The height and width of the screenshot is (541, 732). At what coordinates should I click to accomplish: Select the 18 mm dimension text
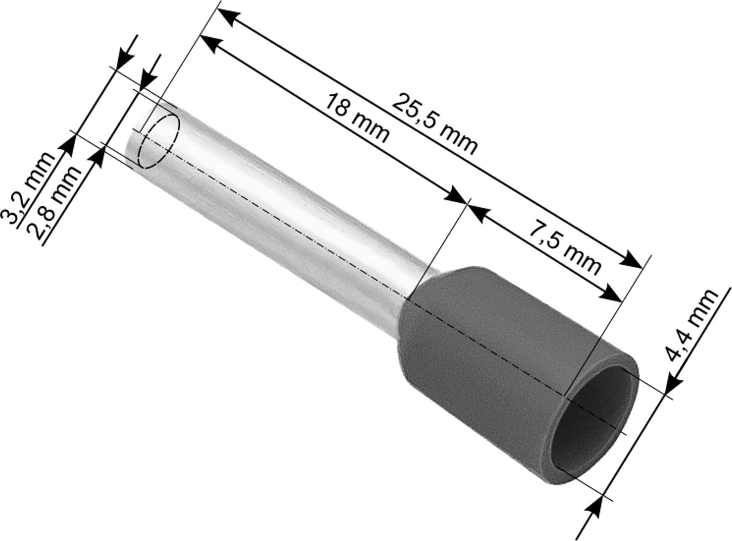click(x=356, y=119)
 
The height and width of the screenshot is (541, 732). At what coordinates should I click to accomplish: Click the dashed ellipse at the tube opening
click(x=160, y=141)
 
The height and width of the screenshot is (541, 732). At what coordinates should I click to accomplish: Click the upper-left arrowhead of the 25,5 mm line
click(x=227, y=18)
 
